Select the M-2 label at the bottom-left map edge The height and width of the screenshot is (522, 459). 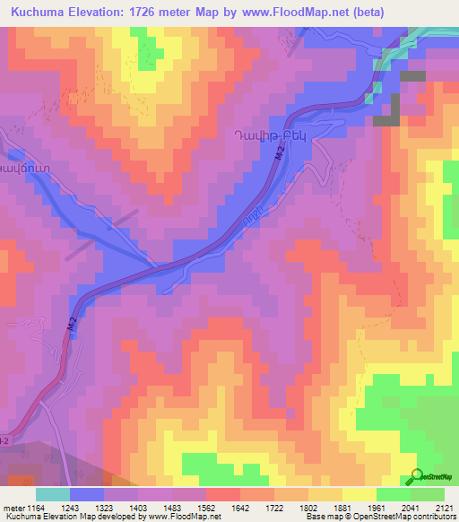tap(4, 440)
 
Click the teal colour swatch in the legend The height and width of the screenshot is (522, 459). tap(52, 494)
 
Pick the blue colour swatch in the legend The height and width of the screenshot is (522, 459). tap(87, 494)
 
